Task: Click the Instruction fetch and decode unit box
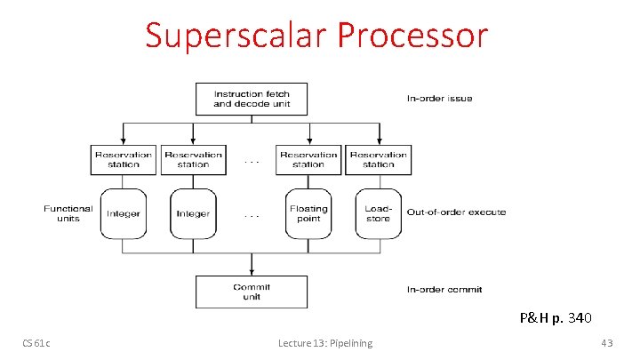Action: pyautogui.click(x=252, y=99)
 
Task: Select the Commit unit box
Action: pyautogui.click(x=252, y=292)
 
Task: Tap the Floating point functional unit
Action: pyautogui.click(x=308, y=213)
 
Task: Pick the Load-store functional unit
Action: pyautogui.click(x=378, y=213)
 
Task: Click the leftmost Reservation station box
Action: pyautogui.click(x=124, y=159)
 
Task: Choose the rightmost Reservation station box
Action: pyautogui.click(x=378, y=159)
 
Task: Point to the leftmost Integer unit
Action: pyautogui.click(x=124, y=213)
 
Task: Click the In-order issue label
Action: pyautogui.click(x=440, y=99)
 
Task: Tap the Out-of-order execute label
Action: pyautogui.click(x=456, y=212)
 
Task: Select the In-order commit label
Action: pyautogui.click(x=444, y=290)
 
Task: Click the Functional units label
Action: pyautogui.click(x=68, y=213)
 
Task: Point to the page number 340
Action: pyautogui.click(x=579, y=317)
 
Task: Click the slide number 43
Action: pyautogui.click(x=607, y=344)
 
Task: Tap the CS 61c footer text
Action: pyautogui.click(x=36, y=344)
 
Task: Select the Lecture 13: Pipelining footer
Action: pyautogui.click(x=325, y=344)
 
